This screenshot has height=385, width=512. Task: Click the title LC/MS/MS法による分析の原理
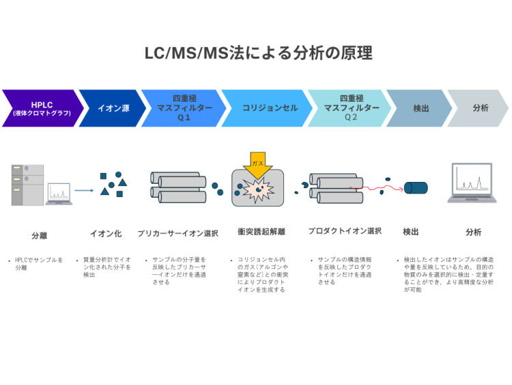258,53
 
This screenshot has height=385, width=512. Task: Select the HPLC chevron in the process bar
41,108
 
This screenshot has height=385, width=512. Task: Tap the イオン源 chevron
113,108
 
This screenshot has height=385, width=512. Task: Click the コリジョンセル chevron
266,108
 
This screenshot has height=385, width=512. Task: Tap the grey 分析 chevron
480,108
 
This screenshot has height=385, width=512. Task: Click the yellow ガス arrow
257,165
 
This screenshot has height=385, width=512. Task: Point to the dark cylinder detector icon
415,187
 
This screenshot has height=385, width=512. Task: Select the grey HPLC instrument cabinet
27,185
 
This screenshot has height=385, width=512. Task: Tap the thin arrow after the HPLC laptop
83,191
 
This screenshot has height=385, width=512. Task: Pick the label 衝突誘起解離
261,232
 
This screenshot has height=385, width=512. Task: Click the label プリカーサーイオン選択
177,233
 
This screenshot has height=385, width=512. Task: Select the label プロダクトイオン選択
344,231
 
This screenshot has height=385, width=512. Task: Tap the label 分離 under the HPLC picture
40,235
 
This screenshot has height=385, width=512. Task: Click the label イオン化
106,233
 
